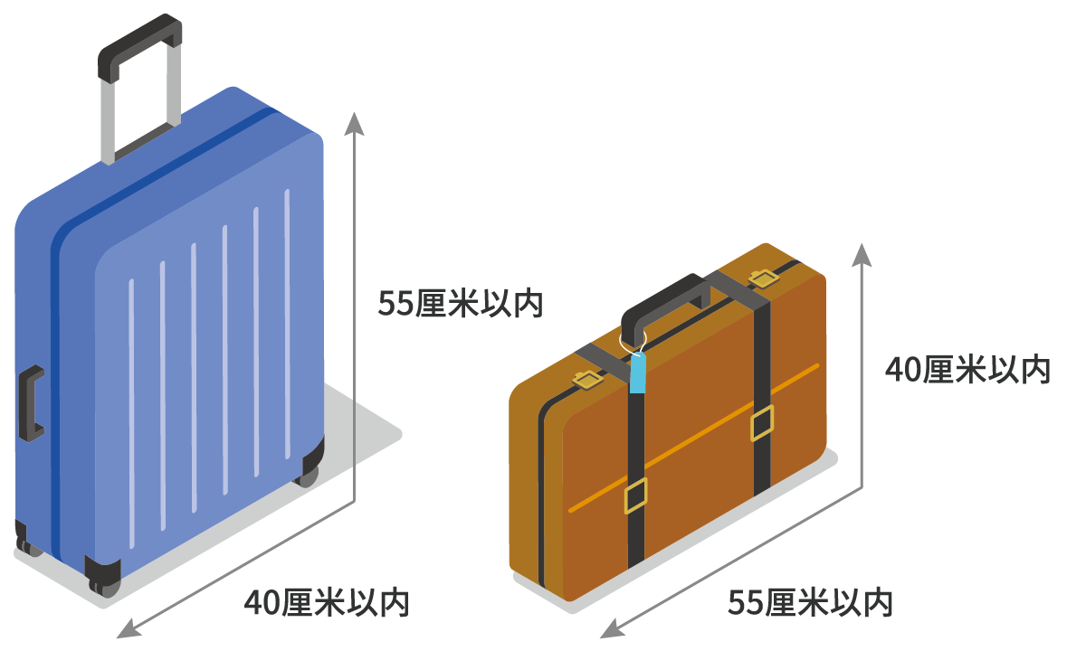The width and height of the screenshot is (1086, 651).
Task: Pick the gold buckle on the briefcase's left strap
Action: pyautogui.click(x=635, y=495)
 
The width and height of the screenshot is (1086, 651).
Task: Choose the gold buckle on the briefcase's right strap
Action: pyautogui.click(x=762, y=423)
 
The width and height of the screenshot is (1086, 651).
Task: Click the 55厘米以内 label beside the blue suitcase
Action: pyautogui.click(x=460, y=304)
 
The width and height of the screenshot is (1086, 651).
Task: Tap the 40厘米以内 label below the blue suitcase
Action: pyautogui.click(x=326, y=602)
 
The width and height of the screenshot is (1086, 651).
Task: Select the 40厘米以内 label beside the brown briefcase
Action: pyautogui.click(x=967, y=370)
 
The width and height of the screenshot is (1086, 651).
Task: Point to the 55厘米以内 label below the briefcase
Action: pyautogui.click(x=810, y=602)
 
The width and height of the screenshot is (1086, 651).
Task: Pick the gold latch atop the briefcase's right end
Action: pyautogui.click(x=762, y=277)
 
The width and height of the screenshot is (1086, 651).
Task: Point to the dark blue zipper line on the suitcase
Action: pyautogui.click(x=55, y=362)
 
